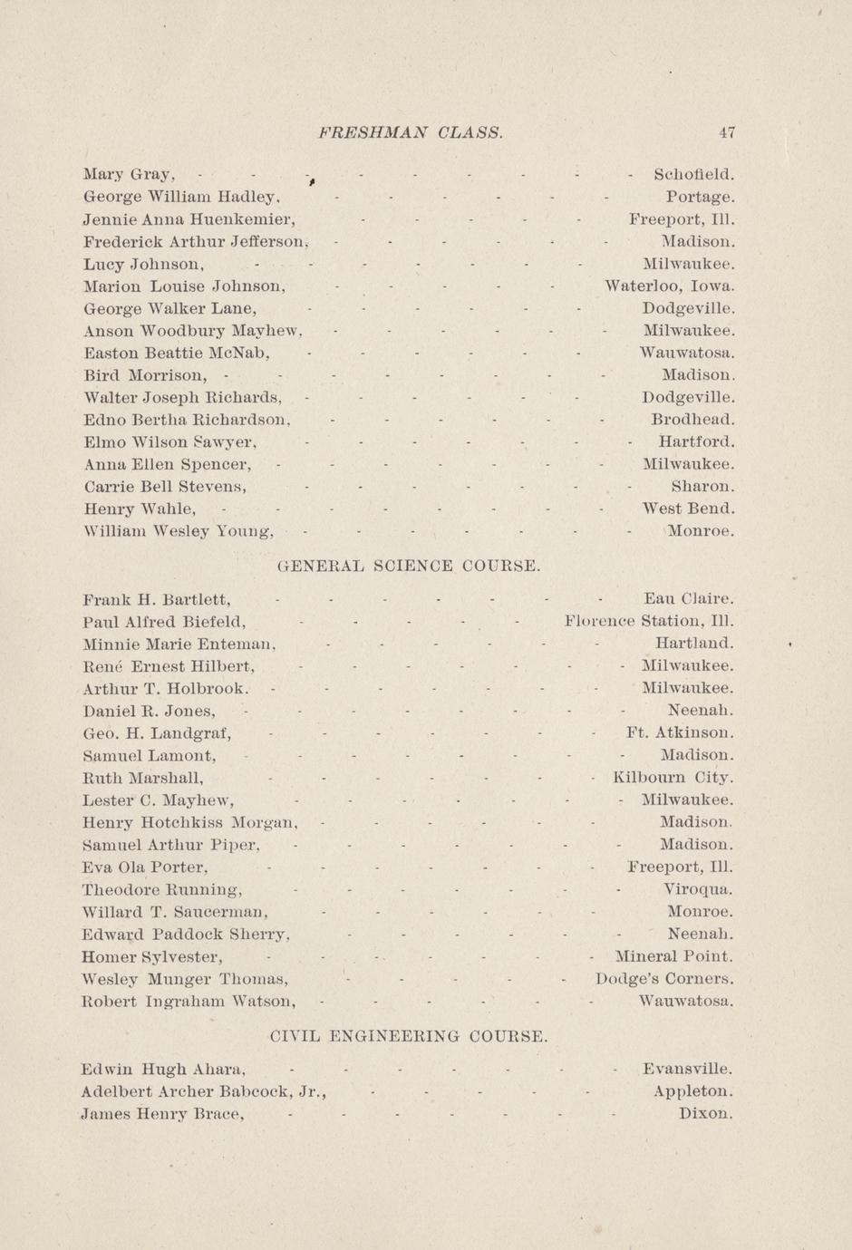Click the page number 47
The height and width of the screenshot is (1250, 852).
tap(727, 132)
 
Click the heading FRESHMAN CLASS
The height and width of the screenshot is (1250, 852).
tap(411, 132)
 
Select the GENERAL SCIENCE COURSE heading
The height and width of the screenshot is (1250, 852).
tap(409, 567)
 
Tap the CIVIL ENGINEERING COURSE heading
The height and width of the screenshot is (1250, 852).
tap(409, 1036)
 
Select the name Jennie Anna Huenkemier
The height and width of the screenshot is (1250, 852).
tap(189, 219)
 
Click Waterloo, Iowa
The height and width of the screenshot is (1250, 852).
tap(669, 286)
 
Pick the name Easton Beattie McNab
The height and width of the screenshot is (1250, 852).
tap(177, 353)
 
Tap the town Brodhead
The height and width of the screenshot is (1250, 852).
tap(692, 420)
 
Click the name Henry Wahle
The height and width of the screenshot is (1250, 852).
tap(139, 509)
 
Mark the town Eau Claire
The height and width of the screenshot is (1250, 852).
tap(688, 599)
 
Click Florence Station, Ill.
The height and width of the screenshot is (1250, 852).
tap(648, 622)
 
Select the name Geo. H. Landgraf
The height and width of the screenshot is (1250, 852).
tap(156, 733)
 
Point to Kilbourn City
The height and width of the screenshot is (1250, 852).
tap(673, 778)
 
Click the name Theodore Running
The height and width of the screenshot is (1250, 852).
tap(161, 889)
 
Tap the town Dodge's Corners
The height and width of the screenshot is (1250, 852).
tap(664, 979)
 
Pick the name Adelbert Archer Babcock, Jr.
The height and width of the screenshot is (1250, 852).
tap(203, 1091)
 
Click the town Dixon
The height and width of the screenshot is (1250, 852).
tap(705, 1114)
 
